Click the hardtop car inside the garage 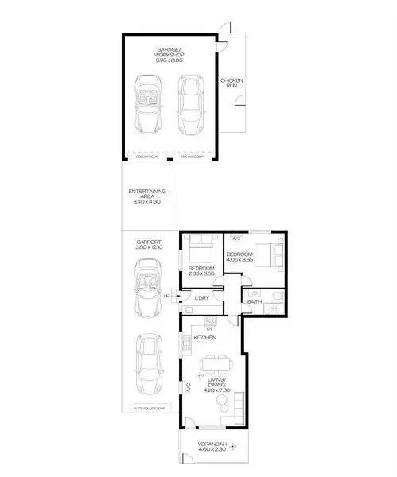coord(191,105)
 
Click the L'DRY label coord(201,299)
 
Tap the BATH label coord(255,302)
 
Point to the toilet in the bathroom coord(276,299)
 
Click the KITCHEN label coord(206,337)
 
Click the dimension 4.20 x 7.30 coord(212,390)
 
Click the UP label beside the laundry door coord(166,297)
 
